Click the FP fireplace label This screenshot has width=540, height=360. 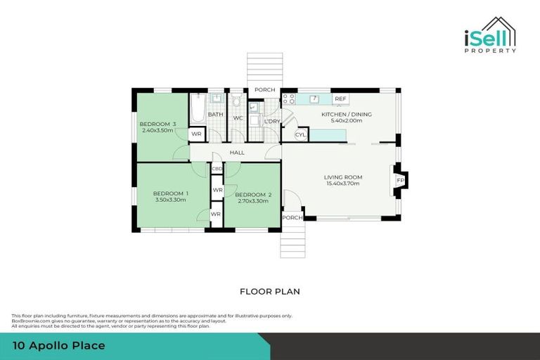[401, 180]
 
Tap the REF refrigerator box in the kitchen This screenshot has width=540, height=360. [341, 99]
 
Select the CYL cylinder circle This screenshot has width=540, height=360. [300, 134]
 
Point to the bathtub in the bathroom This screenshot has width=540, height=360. [196, 109]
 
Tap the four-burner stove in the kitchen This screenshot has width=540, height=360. [288, 100]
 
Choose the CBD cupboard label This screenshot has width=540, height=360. [217, 169]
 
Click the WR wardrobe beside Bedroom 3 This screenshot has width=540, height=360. [197, 134]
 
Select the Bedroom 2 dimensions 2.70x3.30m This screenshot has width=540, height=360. [252, 202]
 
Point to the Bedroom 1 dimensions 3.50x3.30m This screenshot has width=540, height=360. [171, 200]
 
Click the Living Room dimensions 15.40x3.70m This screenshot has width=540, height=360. [342, 184]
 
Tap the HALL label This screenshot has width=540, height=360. [237, 153]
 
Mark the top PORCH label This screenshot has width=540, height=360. [264, 90]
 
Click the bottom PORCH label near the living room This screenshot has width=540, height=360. [292, 218]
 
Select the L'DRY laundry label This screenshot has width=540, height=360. [272, 121]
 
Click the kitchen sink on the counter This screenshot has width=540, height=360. [314, 99]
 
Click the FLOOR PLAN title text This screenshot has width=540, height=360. [270, 290]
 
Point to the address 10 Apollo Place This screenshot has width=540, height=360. [60, 345]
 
